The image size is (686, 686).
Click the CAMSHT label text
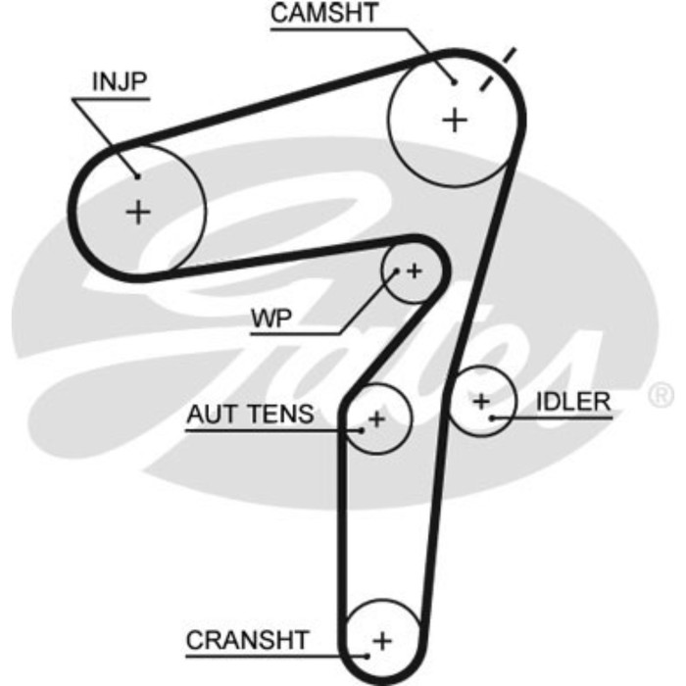pyautogui.click(x=323, y=14)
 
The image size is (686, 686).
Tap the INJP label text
pyautogui.click(x=120, y=82)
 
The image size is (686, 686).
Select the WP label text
pyautogui.click(x=271, y=318)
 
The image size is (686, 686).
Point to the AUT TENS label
pyautogui.click(x=251, y=415)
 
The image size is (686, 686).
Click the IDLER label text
pyautogui.click(x=573, y=402)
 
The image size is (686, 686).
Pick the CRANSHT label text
pyautogui.click(x=247, y=641)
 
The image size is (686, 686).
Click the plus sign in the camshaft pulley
pyautogui.click(x=455, y=120)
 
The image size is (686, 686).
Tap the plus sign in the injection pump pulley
pyautogui.click(x=139, y=211)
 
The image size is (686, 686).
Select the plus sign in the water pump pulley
pyautogui.click(x=414, y=269)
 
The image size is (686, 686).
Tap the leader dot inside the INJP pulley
pyautogui.click(x=137, y=176)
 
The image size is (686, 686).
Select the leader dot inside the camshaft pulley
pyautogui.click(x=454, y=81)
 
